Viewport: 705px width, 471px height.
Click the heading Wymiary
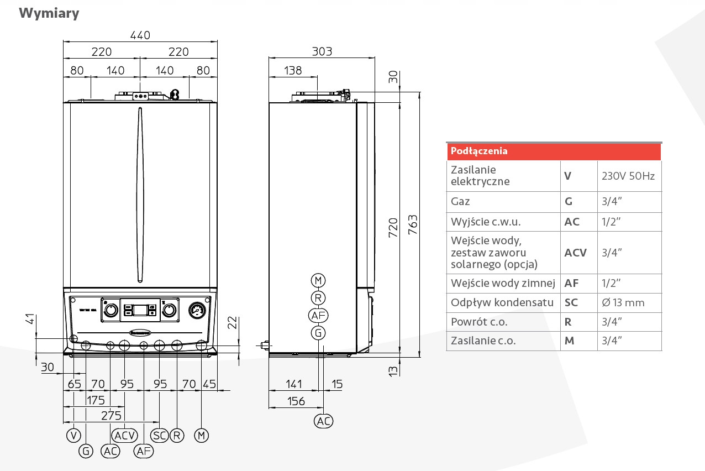(49, 13)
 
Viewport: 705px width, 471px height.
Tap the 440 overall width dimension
(140, 35)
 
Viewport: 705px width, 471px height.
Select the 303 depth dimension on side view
(322, 51)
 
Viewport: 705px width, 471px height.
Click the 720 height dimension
(393, 227)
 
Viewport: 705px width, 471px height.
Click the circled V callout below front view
(73, 436)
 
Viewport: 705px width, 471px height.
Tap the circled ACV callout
(125, 436)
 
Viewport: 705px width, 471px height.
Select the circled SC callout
(160, 436)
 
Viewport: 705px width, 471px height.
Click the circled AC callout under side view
(324, 421)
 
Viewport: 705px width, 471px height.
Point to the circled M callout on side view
(318, 280)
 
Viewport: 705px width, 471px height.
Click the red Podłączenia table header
(554, 151)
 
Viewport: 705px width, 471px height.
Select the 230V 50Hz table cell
(628, 176)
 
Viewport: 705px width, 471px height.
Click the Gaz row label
(460, 202)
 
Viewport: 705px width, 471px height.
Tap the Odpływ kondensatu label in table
(502, 302)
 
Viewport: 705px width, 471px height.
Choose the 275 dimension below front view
(111, 415)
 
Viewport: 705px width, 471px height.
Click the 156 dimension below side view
(297, 401)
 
